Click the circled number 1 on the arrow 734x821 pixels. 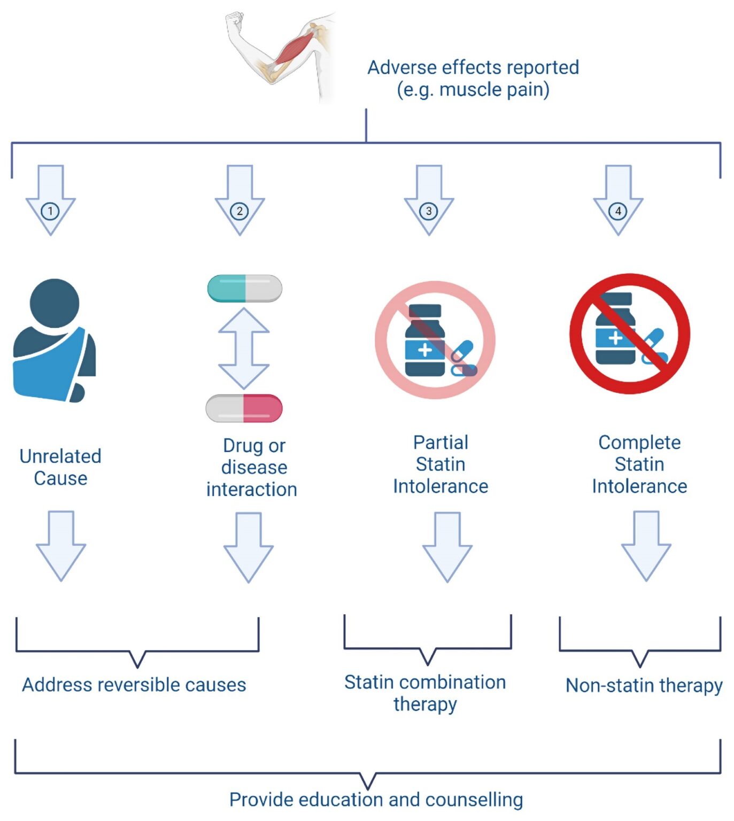(x=50, y=211)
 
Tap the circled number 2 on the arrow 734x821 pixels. (x=239, y=211)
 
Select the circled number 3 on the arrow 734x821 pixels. (x=429, y=211)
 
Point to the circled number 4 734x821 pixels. (x=618, y=211)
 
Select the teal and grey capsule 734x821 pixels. (x=245, y=289)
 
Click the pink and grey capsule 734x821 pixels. (x=244, y=408)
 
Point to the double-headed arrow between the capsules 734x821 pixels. (x=244, y=348)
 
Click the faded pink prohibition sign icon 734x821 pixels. (x=435, y=340)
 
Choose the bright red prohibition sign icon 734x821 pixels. (x=630, y=334)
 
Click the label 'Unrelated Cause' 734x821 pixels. (x=60, y=467)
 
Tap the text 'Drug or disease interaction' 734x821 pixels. (x=252, y=467)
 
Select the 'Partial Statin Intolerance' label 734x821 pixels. (x=441, y=464)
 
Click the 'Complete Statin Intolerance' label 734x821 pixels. (x=639, y=464)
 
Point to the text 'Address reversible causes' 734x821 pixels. (x=134, y=685)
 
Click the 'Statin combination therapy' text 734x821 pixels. (x=425, y=693)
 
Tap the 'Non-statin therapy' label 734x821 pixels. (x=644, y=685)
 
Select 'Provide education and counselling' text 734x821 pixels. (x=376, y=800)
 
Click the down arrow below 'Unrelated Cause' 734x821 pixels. (x=61, y=545)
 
